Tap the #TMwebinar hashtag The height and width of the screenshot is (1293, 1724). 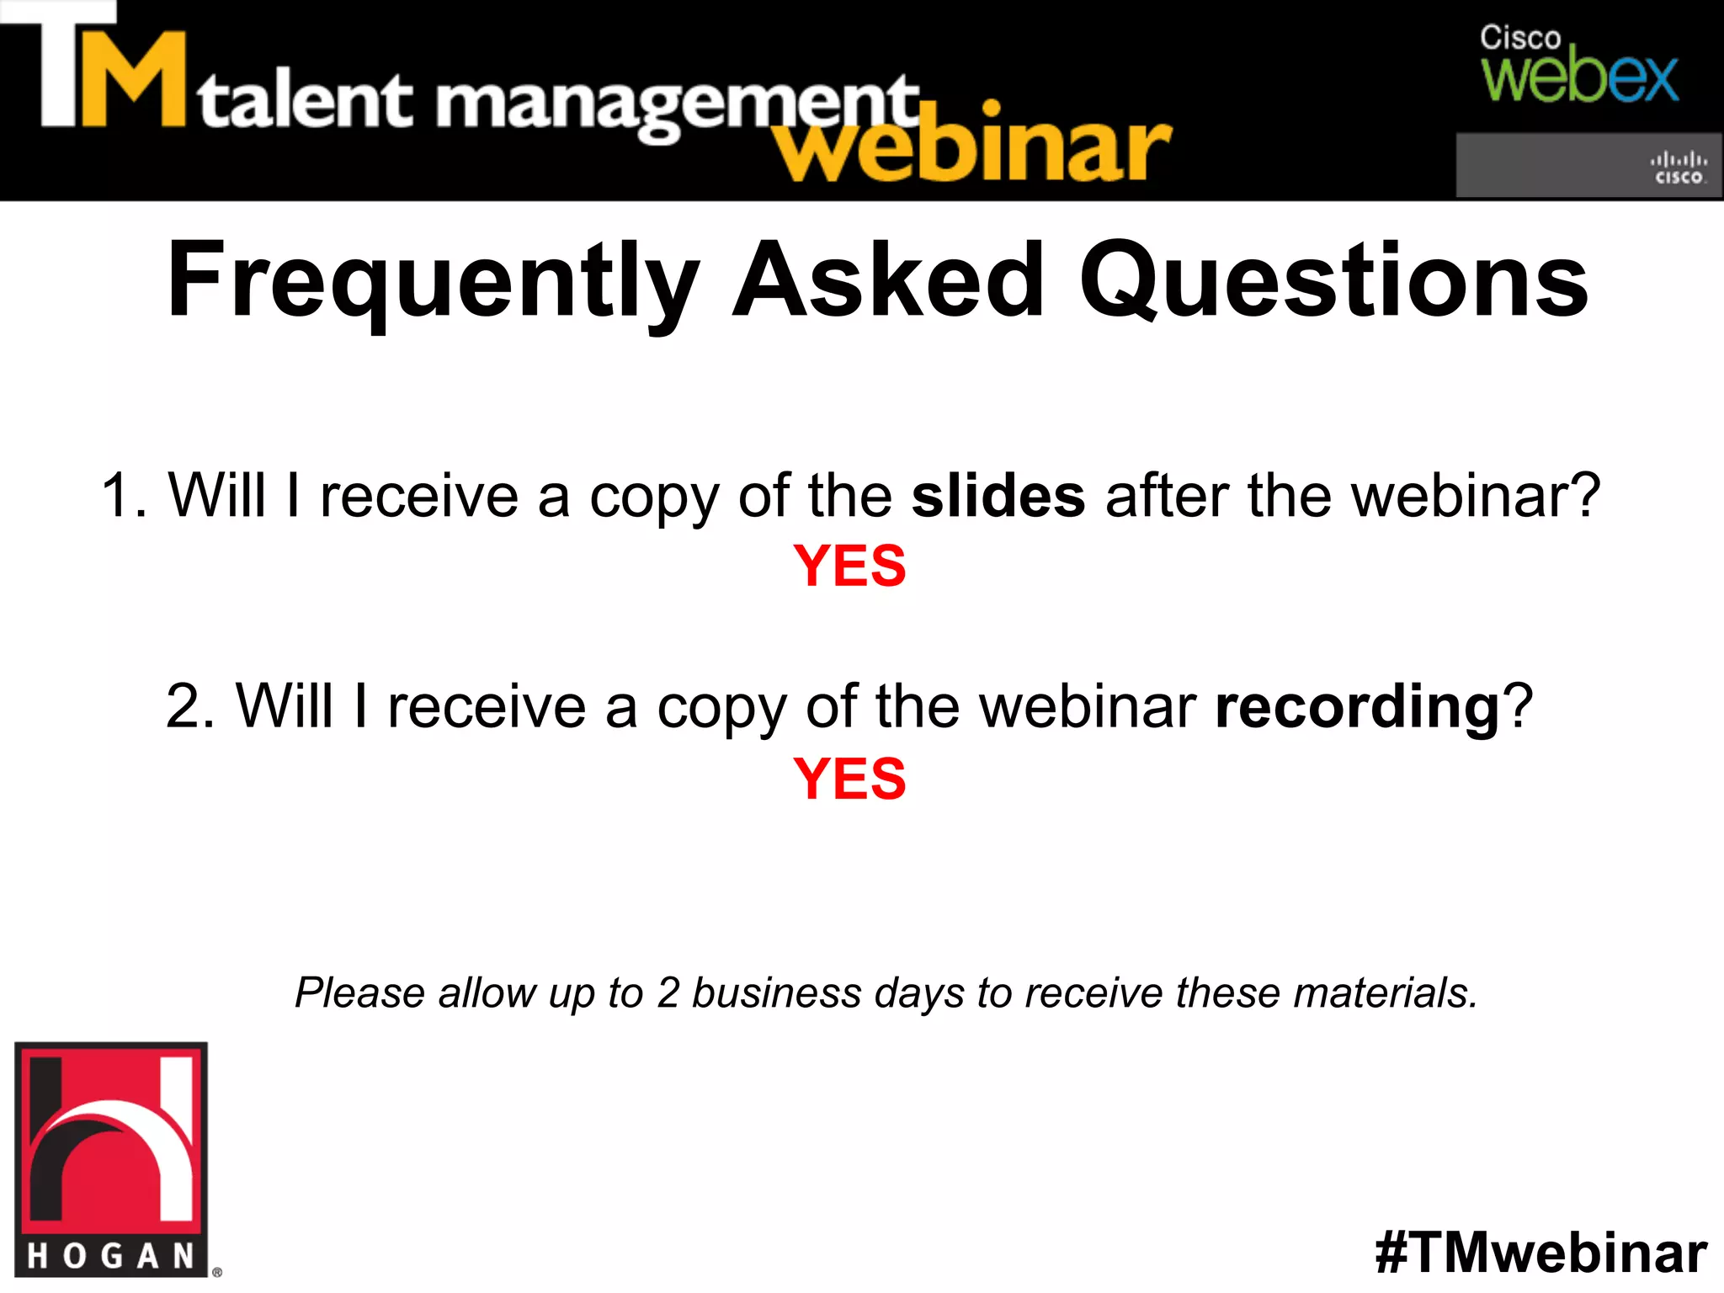[x=1540, y=1253]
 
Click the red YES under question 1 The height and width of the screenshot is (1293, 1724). [x=849, y=566]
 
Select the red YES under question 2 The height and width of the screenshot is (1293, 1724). [x=849, y=779]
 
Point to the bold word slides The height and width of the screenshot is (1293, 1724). [x=998, y=496]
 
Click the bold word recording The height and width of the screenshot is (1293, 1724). [x=1357, y=707]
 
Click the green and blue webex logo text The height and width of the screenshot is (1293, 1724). [x=1579, y=77]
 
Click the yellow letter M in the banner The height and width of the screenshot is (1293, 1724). [x=133, y=81]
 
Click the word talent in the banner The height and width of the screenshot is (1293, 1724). [x=306, y=101]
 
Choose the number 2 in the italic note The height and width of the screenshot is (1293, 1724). [x=668, y=993]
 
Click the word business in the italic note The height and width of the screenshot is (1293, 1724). [x=776, y=993]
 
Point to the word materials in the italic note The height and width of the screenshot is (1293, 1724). [x=1385, y=993]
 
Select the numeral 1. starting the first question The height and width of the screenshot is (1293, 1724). [x=124, y=496]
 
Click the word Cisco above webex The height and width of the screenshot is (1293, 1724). [x=1520, y=38]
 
